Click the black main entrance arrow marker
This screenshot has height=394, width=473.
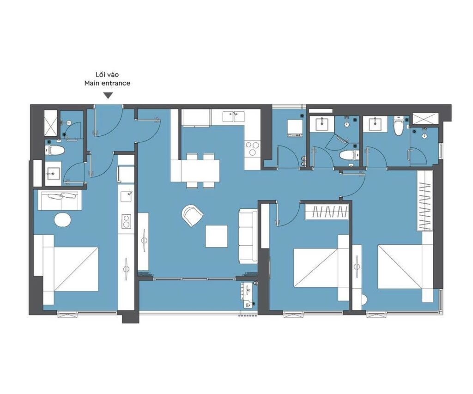108,96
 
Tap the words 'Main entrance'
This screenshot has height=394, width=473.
107,83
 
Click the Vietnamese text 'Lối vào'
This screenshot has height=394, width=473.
107,74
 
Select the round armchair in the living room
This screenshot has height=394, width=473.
192,215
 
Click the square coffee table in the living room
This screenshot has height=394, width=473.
216,236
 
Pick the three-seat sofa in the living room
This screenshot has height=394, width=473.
248,236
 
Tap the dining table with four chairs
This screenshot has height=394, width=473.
195,171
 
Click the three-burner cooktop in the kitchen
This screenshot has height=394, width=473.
253,148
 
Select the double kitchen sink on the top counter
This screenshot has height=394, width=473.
234,116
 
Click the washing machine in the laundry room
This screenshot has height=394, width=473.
295,128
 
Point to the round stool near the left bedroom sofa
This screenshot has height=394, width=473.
62,219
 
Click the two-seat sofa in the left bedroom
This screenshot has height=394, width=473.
60,200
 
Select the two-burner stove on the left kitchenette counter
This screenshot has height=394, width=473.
126,221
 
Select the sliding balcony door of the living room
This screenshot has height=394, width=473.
198,279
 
